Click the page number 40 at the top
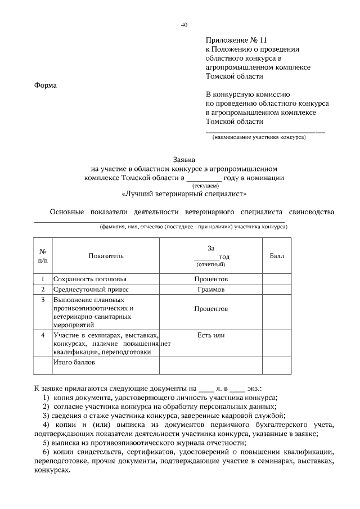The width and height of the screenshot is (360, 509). pos(184,25)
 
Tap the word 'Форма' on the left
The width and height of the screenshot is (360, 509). pos(46,85)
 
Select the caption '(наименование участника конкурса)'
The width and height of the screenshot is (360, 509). pos(259,137)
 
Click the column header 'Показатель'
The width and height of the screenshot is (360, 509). pos(106,256)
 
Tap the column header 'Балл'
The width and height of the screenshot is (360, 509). pos(277,256)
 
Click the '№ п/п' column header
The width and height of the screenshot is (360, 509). pos(43,256)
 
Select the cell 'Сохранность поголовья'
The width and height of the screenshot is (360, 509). pos(90,279)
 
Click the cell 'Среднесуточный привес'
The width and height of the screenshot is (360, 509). pos(91,290)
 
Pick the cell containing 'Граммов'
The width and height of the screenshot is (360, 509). pos(211,290)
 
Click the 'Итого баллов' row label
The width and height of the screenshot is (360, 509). pos(74,362)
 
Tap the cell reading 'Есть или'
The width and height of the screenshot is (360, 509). pos(211,335)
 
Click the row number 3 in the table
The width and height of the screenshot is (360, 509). pos(43,300)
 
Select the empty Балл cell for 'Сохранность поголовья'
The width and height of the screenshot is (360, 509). pos(277,279)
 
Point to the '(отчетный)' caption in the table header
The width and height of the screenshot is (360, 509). pos(211,264)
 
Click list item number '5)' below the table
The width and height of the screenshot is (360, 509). pos(46,442)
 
